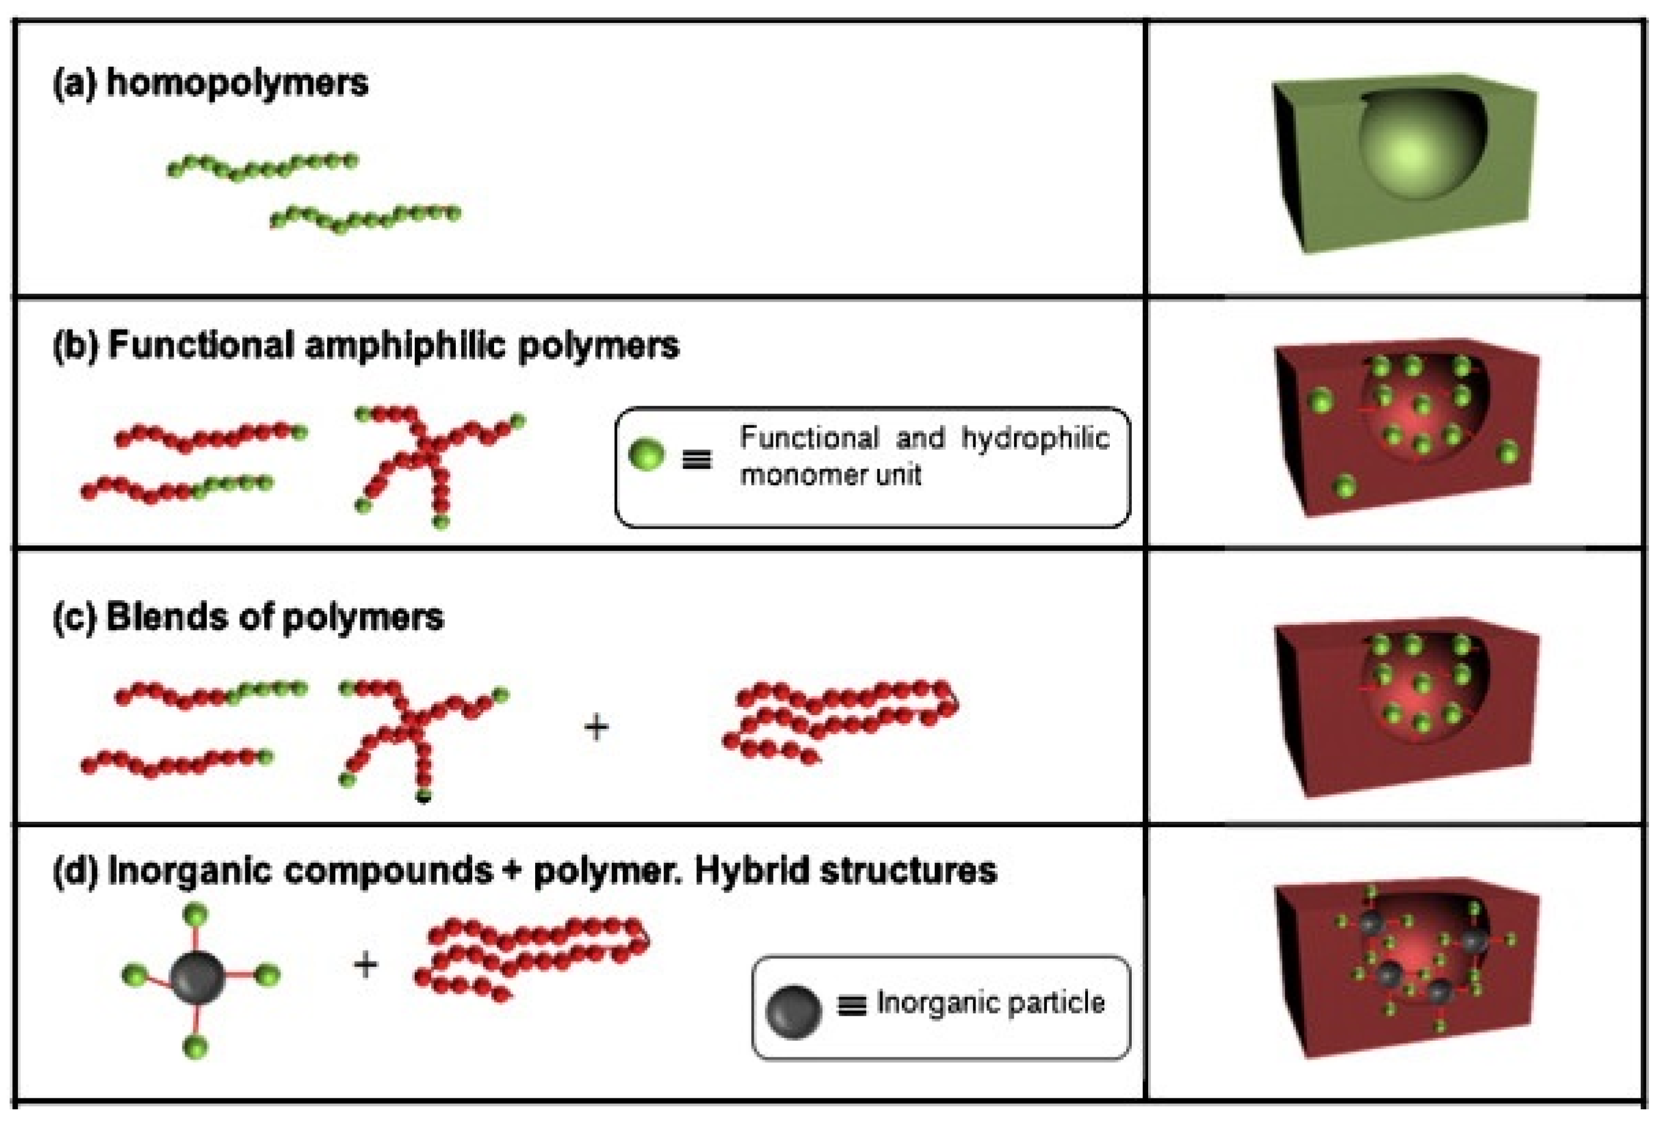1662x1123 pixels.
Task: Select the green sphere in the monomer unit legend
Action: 646,454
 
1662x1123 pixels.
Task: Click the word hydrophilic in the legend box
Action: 1035,438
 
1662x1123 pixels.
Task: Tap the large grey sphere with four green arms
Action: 197,977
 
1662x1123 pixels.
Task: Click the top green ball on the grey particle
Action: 196,914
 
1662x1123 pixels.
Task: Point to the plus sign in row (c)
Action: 597,728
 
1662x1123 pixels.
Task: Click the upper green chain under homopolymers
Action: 262,166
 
